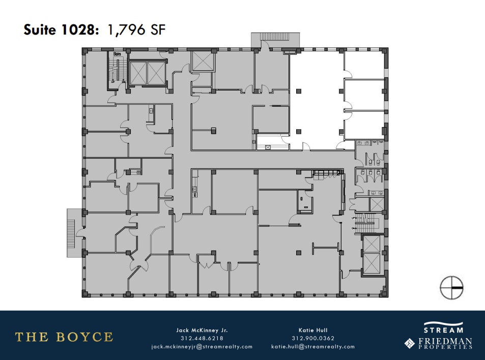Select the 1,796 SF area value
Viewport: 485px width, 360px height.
click(135, 29)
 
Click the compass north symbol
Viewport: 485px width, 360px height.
click(451, 288)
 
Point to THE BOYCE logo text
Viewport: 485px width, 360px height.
click(64, 337)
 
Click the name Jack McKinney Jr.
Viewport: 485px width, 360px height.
click(202, 330)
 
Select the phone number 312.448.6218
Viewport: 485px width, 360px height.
click(202, 338)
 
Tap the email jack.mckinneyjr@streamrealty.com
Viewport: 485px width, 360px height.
click(202, 347)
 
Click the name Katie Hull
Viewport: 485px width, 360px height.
click(313, 330)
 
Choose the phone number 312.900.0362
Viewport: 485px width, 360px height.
click(313, 338)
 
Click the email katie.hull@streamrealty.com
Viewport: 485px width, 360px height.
click(313, 347)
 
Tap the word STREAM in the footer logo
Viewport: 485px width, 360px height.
click(443, 330)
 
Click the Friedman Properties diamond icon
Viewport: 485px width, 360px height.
click(410, 344)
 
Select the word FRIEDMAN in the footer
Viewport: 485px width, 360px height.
click(445, 341)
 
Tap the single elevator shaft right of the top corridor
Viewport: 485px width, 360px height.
click(203, 62)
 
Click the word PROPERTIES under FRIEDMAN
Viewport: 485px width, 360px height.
click(445, 347)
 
